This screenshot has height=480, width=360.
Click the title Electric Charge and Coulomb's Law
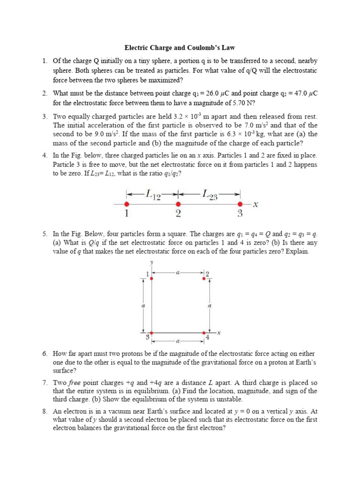[x=180, y=47]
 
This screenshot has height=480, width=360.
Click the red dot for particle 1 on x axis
[x=126, y=204]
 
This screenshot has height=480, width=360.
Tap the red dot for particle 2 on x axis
[x=178, y=204]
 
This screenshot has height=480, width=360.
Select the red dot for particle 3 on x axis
[x=240, y=204]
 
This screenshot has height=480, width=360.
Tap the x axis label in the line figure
[x=255, y=204]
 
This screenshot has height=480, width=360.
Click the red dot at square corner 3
[x=151, y=330]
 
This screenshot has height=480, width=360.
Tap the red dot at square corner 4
[x=203, y=330]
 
